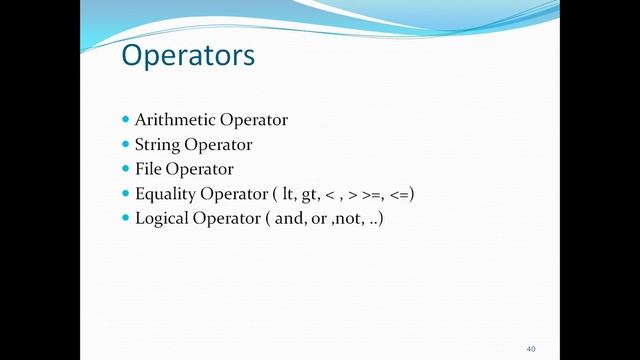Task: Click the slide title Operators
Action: point(188,56)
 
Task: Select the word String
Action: point(156,144)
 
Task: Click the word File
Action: point(147,168)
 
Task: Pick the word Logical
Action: point(161,217)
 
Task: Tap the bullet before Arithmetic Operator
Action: point(126,120)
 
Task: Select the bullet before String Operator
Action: point(126,144)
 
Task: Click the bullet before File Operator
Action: point(126,168)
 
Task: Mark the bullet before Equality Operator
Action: point(126,193)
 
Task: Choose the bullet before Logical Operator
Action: point(126,217)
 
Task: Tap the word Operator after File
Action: point(200,169)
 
